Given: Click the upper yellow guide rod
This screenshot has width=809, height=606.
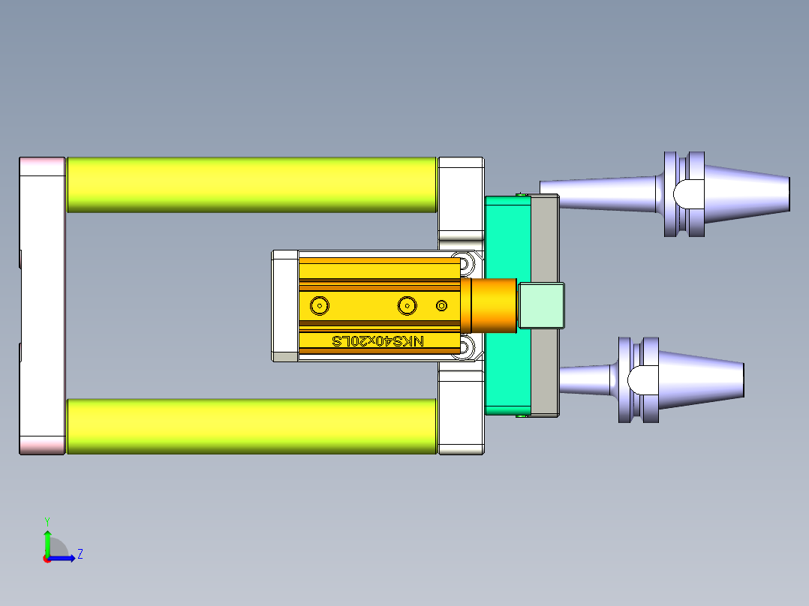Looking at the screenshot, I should (251, 184).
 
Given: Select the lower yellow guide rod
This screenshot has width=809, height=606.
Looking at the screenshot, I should (251, 426).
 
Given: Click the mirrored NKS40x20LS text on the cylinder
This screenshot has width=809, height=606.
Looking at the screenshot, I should (378, 341).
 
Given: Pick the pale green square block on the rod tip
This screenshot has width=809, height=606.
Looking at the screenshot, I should (540, 305).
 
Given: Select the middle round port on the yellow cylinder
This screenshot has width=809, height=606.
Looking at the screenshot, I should (408, 305).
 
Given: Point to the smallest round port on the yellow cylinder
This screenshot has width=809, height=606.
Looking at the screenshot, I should (441, 305).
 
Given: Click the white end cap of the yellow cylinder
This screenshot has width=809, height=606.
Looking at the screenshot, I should (285, 305).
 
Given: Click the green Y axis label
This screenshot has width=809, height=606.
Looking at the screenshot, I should (47, 520).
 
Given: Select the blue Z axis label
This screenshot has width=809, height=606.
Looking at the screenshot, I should (80, 554).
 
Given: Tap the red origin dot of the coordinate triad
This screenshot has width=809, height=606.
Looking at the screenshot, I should (47, 558).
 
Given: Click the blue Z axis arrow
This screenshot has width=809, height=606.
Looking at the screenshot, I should (68, 558).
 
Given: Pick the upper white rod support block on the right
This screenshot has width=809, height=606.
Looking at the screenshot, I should (460, 195).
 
